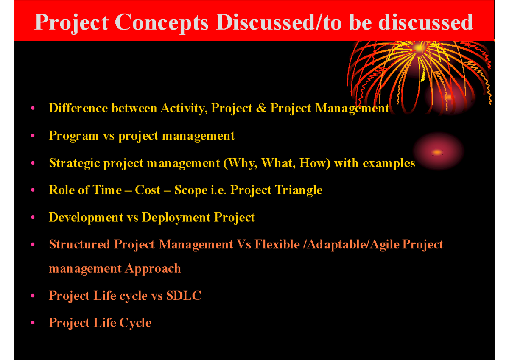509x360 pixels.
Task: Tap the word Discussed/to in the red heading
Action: [279, 22]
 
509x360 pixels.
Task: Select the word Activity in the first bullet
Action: [184, 109]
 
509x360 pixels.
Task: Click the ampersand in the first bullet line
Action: [261, 108]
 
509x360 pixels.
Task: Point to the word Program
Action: [74, 136]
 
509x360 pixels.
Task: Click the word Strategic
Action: [75, 164]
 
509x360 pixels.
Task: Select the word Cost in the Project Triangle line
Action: [148, 190]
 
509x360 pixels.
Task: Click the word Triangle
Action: [299, 190]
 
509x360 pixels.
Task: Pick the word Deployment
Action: [176, 218]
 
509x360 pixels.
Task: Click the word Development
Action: [86, 218]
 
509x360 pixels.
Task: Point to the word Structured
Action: [80, 244]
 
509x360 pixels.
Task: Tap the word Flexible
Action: [277, 244]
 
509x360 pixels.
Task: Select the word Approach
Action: [153, 269]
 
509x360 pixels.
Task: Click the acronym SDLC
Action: [184, 296]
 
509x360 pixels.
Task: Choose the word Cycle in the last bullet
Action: [135, 323]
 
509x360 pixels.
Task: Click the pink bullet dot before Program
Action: [33, 136]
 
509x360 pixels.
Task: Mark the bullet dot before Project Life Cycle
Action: [33, 323]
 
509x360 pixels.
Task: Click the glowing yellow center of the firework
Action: [419, 48]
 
